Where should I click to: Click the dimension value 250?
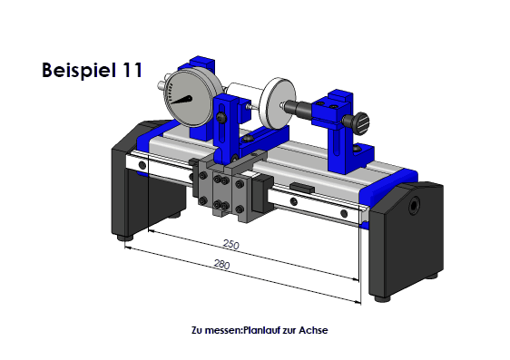[x=230, y=244]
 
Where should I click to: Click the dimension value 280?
[x=221, y=264]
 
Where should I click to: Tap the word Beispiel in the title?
[x=79, y=70]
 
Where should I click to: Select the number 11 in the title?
[x=132, y=70]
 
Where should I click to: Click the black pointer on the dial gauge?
[x=181, y=100]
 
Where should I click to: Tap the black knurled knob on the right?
[x=359, y=123]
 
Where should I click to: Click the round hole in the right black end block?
[x=414, y=205]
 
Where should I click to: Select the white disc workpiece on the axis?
[x=278, y=103]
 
